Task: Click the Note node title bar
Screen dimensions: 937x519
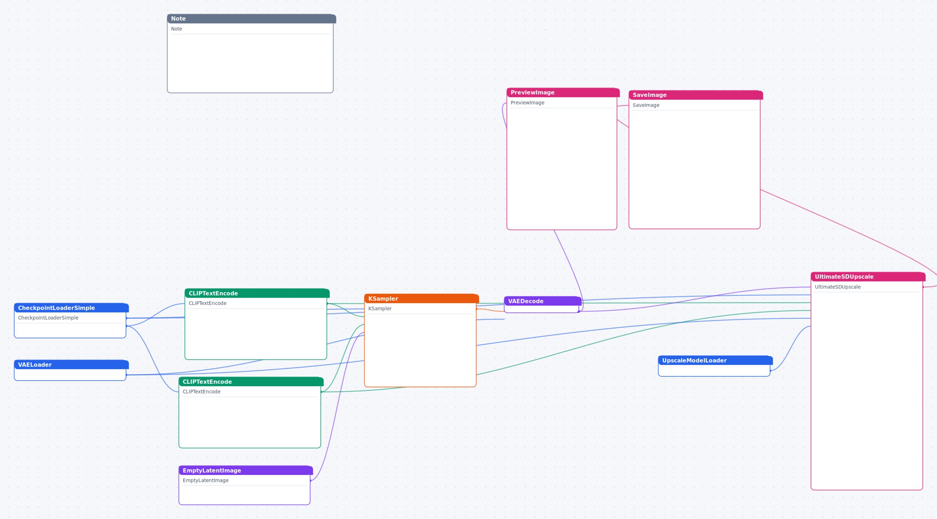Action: click(x=251, y=18)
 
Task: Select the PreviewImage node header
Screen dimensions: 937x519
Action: click(x=563, y=92)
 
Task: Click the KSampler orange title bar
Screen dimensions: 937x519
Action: click(x=421, y=298)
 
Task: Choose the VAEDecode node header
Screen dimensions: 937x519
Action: click(x=542, y=301)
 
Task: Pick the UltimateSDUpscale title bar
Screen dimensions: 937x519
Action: click(x=868, y=277)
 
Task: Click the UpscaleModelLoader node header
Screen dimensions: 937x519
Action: click(x=715, y=360)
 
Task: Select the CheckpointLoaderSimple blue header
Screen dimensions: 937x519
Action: click(x=71, y=308)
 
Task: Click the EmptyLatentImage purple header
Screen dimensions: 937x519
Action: click(x=245, y=470)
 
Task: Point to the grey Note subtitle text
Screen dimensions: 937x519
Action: click(x=177, y=29)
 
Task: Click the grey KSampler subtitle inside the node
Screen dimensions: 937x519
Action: click(x=380, y=309)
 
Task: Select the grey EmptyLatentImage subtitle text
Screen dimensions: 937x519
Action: click(x=205, y=480)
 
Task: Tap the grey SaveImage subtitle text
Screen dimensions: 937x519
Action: click(x=646, y=105)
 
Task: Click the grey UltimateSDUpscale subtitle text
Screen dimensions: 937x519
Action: click(x=838, y=287)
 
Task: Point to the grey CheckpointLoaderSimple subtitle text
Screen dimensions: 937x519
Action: click(x=48, y=318)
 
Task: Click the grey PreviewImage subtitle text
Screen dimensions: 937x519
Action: click(x=528, y=103)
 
